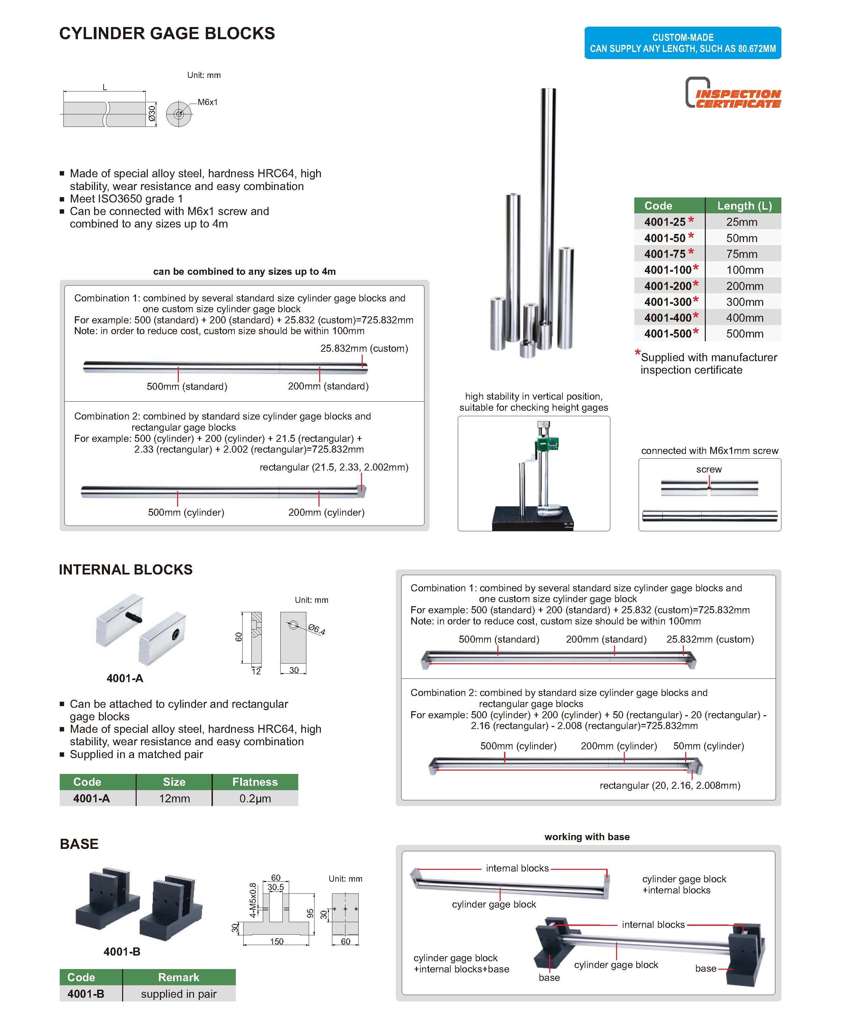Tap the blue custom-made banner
point(683,43)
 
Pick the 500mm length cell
point(744,334)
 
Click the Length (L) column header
point(744,206)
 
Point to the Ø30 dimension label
point(152,114)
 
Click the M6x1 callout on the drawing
point(207,102)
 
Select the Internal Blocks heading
point(126,569)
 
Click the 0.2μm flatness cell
point(255,798)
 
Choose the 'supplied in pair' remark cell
point(178,994)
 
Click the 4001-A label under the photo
point(125,678)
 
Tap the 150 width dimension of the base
point(277,941)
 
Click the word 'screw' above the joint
point(709,469)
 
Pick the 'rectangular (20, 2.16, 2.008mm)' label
point(670,786)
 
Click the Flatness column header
point(255,782)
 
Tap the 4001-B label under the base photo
point(122,951)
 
